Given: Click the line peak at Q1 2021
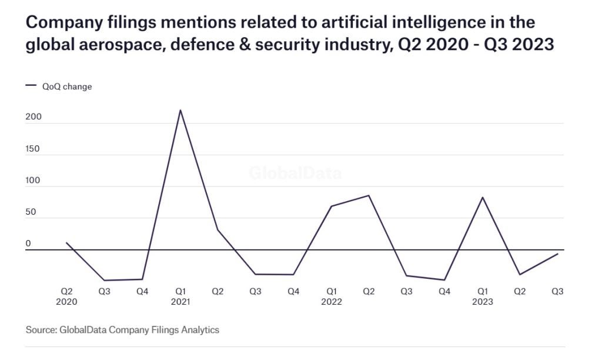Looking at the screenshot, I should pos(180,110).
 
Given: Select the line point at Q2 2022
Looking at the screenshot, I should pos(369,195).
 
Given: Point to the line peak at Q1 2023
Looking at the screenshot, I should pos(483,197).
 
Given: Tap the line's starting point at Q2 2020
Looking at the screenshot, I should pos(66,242).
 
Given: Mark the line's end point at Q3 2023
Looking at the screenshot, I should pos(557,254).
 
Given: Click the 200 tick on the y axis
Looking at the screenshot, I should pos(33,117).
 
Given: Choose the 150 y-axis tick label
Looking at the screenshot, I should pos(33,149).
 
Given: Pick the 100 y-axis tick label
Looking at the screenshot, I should pos(33,181).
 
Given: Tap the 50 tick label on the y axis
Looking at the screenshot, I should pos(31,212).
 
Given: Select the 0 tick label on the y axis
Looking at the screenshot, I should pos(28,244).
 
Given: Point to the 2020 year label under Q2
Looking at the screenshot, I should pos(67,302).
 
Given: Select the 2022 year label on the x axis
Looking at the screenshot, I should pos(332,302).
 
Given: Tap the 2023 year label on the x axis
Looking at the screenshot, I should pos(483,302).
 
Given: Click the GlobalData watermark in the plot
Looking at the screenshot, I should pos(295,174).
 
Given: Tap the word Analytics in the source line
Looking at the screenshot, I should pos(200,330).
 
